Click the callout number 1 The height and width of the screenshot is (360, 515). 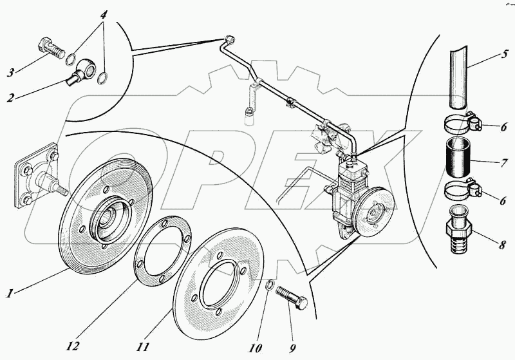coord(10,292)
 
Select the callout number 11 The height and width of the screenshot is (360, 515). coord(142,346)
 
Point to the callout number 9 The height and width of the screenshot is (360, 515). coord(292,348)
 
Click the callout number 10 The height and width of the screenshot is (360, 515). coord(256,348)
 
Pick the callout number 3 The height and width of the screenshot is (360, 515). coord(10,72)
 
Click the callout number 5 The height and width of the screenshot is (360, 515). coord(504,54)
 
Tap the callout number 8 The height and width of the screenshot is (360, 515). coord(502,245)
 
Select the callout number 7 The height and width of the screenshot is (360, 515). coord(504,163)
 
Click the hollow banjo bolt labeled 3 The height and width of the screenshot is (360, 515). coord(52,48)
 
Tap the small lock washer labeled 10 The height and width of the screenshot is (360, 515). coord(268,284)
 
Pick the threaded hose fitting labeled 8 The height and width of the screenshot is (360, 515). coord(459,229)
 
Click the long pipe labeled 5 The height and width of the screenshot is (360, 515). coord(458,78)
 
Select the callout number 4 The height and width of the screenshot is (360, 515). coord(104,15)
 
